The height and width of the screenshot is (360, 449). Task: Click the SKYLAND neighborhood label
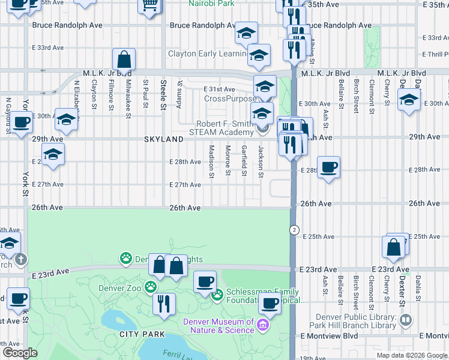163,139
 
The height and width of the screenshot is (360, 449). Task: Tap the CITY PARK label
137,334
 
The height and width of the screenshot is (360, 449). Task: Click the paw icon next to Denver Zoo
150,287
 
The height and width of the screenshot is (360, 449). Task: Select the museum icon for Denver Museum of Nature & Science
262,326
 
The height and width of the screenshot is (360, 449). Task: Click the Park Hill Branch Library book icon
406,320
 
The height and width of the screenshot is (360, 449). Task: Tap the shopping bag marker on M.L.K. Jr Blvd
124,60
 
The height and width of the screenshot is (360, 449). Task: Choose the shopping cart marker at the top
149,6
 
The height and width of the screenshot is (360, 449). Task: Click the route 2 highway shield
294,230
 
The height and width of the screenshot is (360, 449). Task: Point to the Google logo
19,353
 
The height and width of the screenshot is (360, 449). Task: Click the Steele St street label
163,94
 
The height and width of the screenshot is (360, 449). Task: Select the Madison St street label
211,161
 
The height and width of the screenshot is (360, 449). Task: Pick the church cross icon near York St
21,260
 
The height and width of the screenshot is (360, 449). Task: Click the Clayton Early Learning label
206,53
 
